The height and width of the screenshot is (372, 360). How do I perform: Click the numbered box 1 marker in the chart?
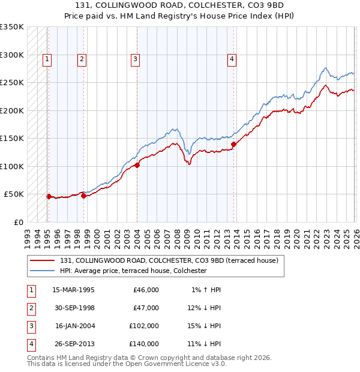tap(47, 59)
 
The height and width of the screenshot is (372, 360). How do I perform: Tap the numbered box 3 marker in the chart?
tap(136, 59)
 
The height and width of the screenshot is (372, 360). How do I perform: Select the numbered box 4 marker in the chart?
tap(232, 59)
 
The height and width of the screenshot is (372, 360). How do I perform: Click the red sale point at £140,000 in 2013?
tap(233, 143)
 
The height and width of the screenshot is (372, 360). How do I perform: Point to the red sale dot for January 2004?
tap(137, 165)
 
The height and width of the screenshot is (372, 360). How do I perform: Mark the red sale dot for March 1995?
tap(49, 196)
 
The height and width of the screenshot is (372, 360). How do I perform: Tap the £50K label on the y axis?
tap(14, 194)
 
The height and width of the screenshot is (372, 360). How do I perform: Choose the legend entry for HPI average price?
tap(133, 271)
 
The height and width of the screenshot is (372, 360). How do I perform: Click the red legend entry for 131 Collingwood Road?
tap(169, 260)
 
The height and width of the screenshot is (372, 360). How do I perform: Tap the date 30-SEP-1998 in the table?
tap(74, 308)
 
